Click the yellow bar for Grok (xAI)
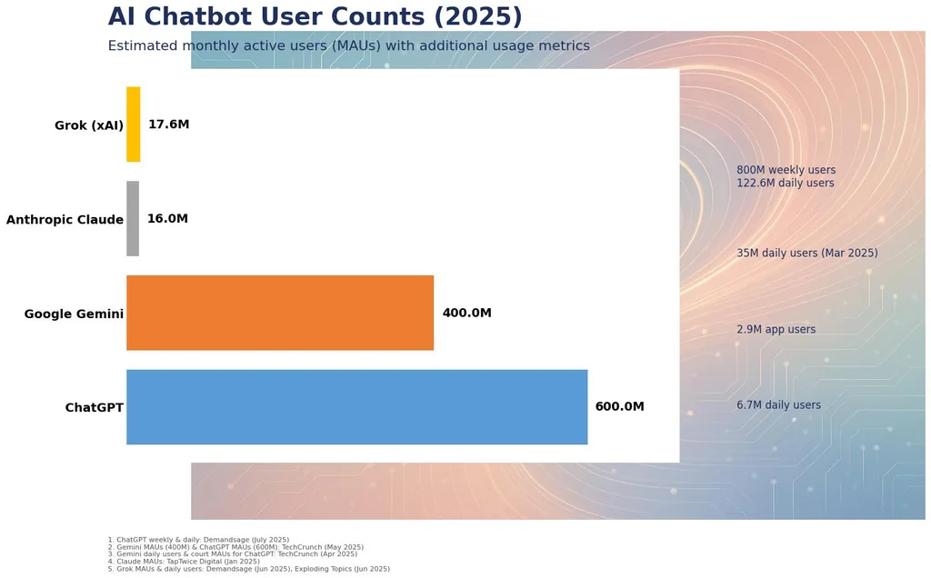(x=133, y=124)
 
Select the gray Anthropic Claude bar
(x=133, y=218)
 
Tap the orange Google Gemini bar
(x=280, y=313)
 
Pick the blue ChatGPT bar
(x=356, y=407)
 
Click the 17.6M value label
(x=168, y=124)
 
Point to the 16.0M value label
(x=167, y=218)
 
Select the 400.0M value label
(x=466, y=313)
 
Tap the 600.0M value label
(x=619, y=406)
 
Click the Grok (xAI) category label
(x=89, y=125)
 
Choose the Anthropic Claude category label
(x=65, y=220)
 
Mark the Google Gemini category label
(x=74, y=314)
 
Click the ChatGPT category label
(x=95, y=408)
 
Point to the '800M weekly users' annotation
(x=786, y=170)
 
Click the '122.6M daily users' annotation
(x=785, y=183)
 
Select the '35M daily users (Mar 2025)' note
(x=807, y=253)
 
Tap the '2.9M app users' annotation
(x=776, y=329)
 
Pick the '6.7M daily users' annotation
(x=778, y=404)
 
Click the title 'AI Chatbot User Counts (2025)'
(x=315, y=16)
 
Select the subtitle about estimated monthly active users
(x=348, y=45)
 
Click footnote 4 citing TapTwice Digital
(x=184, y=562)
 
